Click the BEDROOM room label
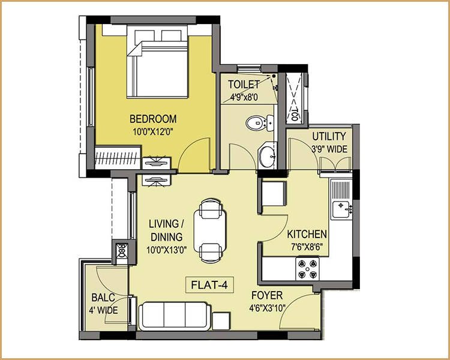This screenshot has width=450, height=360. pos(153,118)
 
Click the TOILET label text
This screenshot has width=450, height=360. pos(245,85)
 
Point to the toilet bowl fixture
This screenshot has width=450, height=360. pos(257,124)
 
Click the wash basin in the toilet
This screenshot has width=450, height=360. pos(267,157)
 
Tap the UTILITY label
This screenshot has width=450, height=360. pos(325,137)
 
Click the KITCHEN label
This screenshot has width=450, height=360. pos(307,234)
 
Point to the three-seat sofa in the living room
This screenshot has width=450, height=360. pos(175,314)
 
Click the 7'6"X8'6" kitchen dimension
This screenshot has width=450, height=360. pos(307,246)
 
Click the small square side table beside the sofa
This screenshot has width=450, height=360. pos(223,320)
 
